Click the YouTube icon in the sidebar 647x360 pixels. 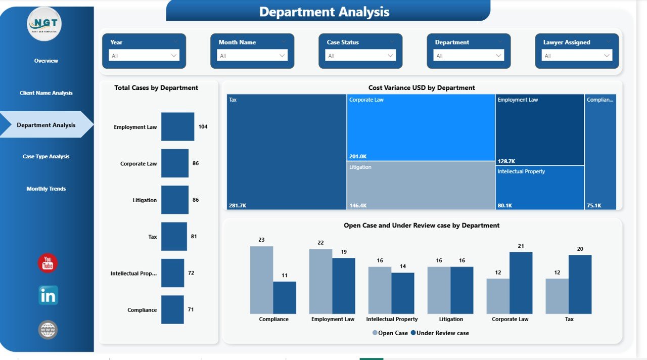[48, 263]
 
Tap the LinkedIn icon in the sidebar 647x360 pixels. [48, 295]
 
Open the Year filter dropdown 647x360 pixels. [144, 56]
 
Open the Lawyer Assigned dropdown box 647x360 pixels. [577, 56]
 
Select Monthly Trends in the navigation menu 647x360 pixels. [46, 189]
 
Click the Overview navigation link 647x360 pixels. [46, 61]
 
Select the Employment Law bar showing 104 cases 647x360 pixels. [177, 127]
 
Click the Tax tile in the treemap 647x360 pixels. [287, 152]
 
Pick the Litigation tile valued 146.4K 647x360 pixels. [421, 185]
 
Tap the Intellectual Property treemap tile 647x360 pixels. [539, 188]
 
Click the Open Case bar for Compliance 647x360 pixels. [261, 280]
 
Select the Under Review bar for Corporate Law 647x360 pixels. [521, 283]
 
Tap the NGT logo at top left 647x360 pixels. [44, 24]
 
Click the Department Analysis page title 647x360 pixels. [324, 12]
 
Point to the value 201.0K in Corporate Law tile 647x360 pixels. [357, 156]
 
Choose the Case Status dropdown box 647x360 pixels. [360, 56]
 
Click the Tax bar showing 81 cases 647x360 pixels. [174, 237]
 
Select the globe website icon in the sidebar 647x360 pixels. [48, 330]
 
